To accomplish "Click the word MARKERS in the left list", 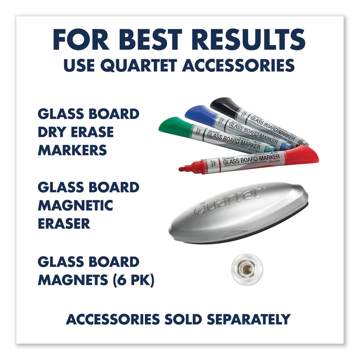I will coord(72,150).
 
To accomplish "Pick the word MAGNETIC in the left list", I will coord(75,205).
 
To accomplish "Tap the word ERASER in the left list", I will coord(64,224).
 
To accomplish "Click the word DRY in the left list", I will coord(52,132).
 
